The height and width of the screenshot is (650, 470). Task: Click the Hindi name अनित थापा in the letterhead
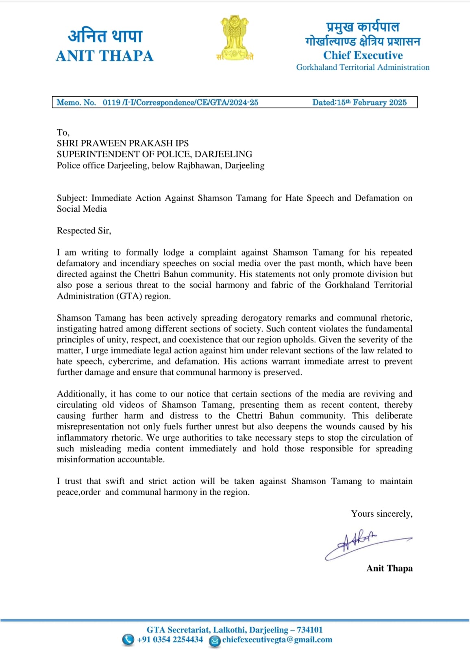[105, 36]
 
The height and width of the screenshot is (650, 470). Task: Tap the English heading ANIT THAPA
[104, 56]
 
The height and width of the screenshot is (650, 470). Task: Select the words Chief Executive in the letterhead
[363, 55]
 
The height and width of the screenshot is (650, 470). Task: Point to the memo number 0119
[111, 102]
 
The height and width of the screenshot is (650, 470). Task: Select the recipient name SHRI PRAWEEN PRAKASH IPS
[122, 143]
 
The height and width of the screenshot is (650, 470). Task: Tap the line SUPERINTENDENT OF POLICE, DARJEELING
[154, 154]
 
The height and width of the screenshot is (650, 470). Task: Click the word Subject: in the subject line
[72, 198]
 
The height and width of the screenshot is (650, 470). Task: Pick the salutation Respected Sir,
[84, 230]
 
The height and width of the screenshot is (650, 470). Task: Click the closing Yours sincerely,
[381, 513]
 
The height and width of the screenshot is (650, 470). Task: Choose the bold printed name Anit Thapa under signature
[389, 568]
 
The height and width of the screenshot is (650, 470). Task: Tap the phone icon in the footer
[128, 640]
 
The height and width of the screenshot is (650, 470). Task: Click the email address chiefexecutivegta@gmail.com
[277, 639]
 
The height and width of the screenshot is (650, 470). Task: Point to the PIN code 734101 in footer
[309, 630]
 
